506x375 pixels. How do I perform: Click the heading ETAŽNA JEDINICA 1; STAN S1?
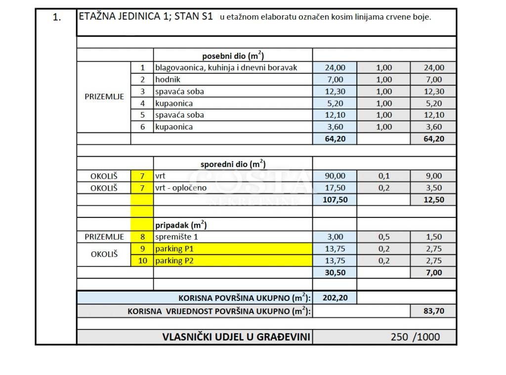(146, 17)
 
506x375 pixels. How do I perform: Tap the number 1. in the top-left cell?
(56, 17)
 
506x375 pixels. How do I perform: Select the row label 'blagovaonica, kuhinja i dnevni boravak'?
(226, 68)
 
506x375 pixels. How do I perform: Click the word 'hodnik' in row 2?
(168, 80)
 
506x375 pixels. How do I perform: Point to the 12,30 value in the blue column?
(335, 91)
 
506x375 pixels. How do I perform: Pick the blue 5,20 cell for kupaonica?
(335, 103)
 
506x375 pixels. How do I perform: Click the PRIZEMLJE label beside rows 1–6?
(104, 97)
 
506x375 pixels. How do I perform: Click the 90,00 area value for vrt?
(335, 176)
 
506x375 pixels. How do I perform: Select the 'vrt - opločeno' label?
(181, 188)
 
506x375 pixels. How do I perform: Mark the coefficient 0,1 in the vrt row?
(384, 176)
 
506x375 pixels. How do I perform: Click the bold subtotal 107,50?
(335, 200)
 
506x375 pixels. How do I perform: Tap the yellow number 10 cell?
(142, 260)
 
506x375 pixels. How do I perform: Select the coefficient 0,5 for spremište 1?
(384, 237)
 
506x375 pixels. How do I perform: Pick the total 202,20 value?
(335, 297)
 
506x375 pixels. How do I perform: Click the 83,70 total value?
(433, 311)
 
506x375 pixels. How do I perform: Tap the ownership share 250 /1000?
(415, 337)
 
